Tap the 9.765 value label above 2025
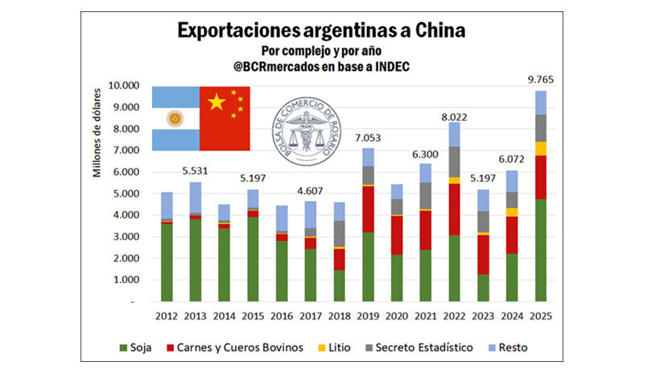point(541,79)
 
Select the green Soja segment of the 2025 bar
point(541,250)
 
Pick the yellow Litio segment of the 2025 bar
point(541,148)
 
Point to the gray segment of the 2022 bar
point(454,161)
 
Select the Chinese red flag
point(225,118)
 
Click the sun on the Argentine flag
point(174,118)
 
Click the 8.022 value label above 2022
point(454,115)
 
